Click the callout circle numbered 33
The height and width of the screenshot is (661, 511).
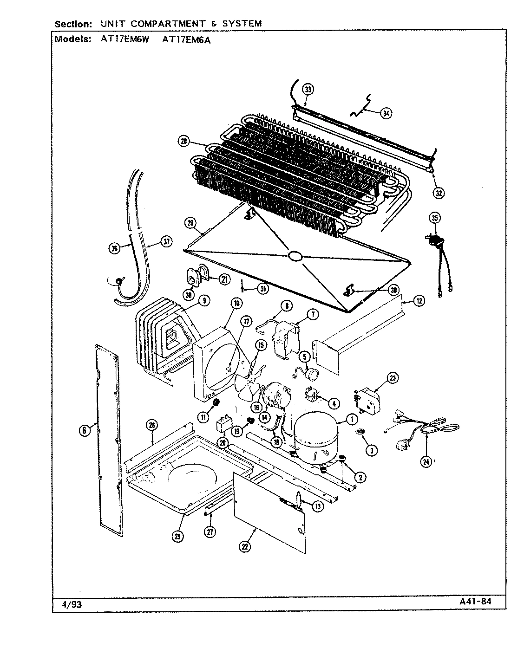click(x=307, y=90)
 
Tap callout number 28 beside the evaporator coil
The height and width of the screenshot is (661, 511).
click(x=184, y=141)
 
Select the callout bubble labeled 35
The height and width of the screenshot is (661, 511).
click(x=435, y=218)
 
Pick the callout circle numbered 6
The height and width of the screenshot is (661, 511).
click(x=84, y=431)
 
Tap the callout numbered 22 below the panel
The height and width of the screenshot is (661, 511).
click(x=245, y=547)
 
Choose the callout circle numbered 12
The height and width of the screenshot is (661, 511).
click(x=419, y=301)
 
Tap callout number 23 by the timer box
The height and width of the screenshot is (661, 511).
click(x=393, y=378)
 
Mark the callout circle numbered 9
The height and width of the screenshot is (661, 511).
click(x=203, y=301)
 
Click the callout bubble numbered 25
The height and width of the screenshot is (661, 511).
click(x=177, y=537)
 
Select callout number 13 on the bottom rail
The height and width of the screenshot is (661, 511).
click(x=317, y=506)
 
